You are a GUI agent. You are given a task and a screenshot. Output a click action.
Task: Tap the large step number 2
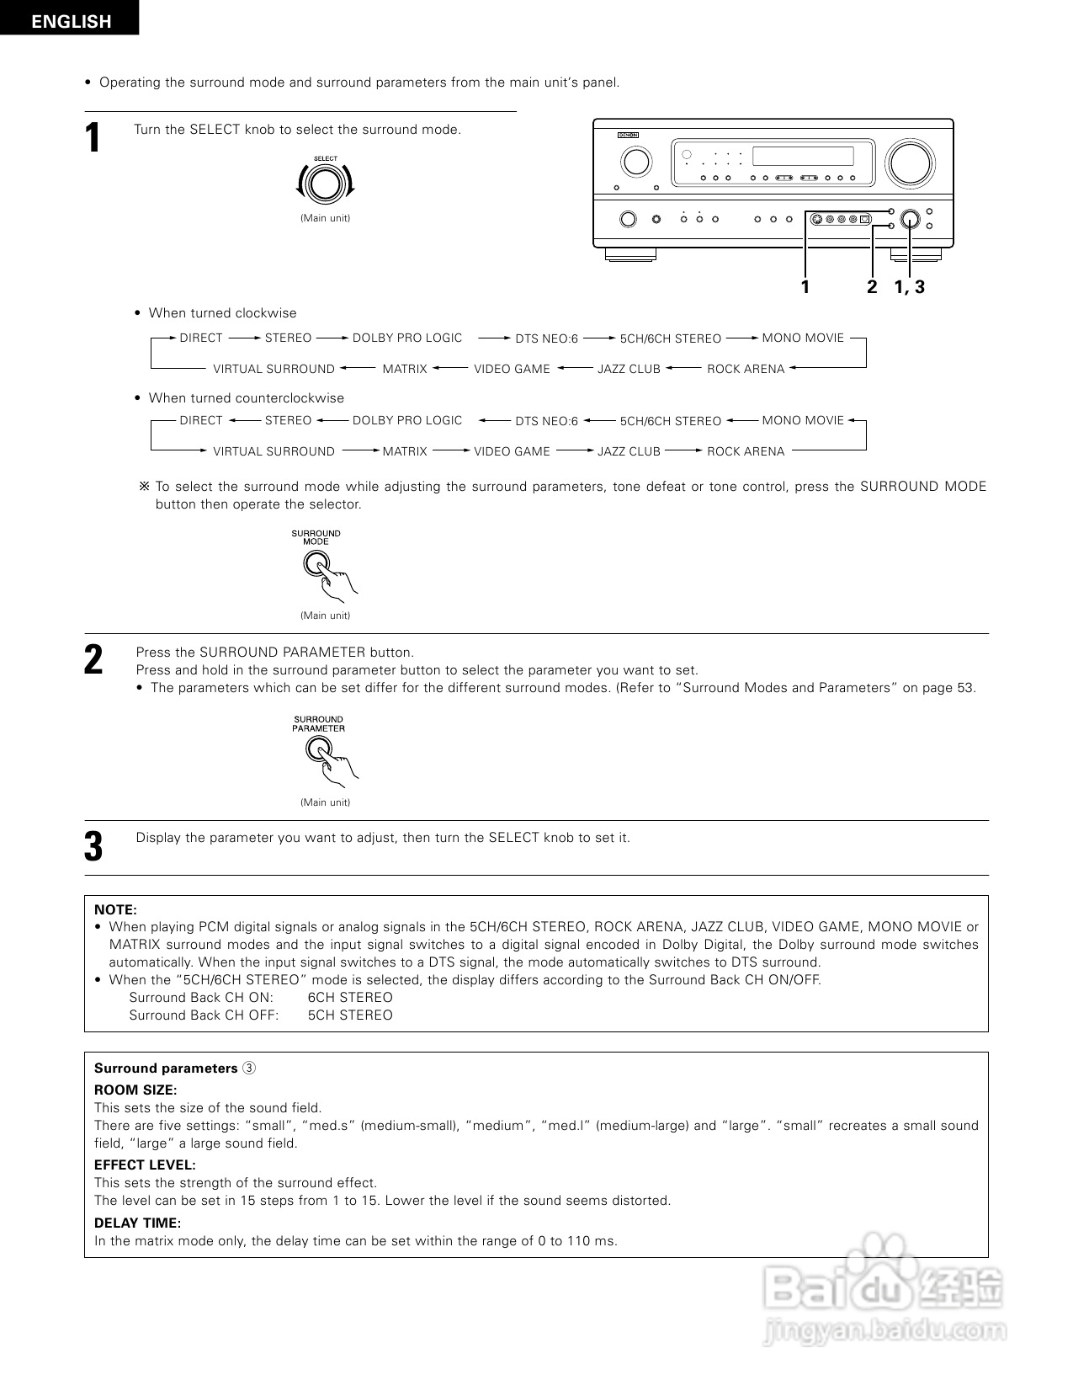pyautogui.click(x=93, y=659)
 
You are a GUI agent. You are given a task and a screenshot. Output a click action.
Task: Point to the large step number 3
pyautogui.click(x=93, y=846)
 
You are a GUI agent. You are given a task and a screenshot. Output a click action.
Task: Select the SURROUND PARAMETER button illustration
pyautogui.click(x=318, y=749)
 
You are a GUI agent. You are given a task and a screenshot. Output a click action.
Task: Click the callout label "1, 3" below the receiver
pyautogui.click(x=909, y=287)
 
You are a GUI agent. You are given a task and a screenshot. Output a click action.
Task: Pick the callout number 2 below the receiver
pyautogui.click(x=872, y=287)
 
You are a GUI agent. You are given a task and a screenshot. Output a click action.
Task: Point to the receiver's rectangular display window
pyautogui.click(x=802, y=156)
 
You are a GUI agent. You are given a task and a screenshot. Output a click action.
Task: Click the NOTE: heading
pyautogui.click(x=115, y=909)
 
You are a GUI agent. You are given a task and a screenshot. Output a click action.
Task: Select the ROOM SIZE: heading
pyautogui.click(x=135, y=1090)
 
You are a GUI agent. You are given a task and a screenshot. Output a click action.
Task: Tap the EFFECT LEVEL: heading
pyautogui.click(x=145, y=1164)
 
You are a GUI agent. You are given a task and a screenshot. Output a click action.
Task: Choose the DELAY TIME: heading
pyautogui.click(x=137, y=1223)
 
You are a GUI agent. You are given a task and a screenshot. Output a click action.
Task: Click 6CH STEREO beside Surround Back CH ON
pyautogui.click(x=350, y=997)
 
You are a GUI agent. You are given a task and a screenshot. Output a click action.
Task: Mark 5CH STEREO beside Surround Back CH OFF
pyautogui.click(x=350, y=1015)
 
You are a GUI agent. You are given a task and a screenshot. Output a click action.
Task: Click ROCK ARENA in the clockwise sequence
pyautogui.click(x=745, y=369)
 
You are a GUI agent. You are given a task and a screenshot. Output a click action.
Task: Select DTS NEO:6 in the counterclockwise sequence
pyautogui.click(x=546, y=421)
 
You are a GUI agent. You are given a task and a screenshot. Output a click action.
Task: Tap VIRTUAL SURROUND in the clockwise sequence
pyautogui.click(x=274, y=369)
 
